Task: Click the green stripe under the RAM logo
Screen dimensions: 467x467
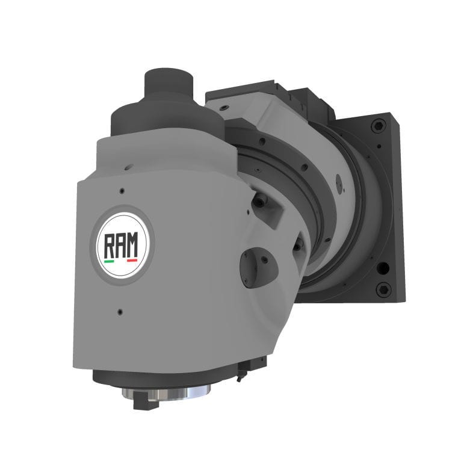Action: pyautogui.click(x=109, y=261)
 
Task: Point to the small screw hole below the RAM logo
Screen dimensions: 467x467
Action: pyautogui.click(x=120, y=312)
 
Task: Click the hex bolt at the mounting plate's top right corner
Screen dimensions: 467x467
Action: pyautogui.click(x=377, y=126)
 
